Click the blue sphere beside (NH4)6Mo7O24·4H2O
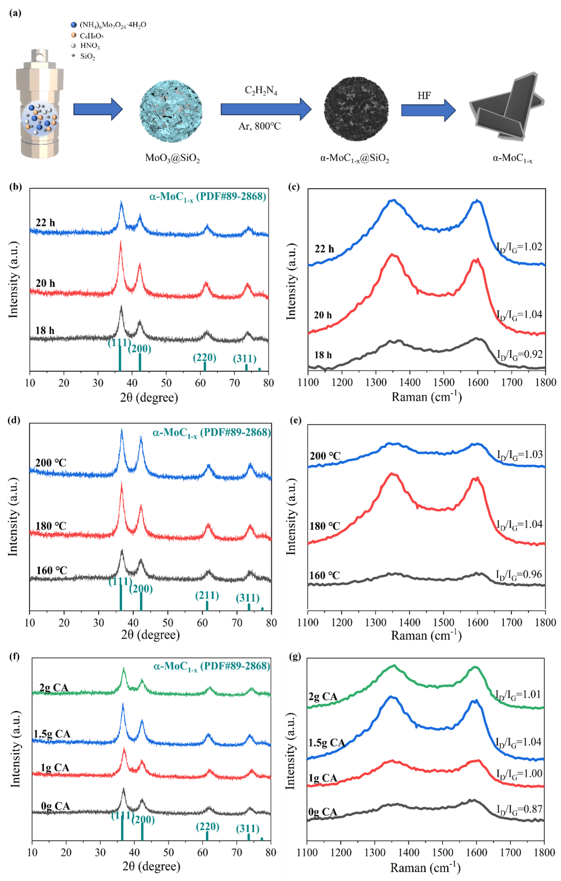[74, 25]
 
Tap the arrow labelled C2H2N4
[265, 109]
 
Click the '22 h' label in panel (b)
[45, 223]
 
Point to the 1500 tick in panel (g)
[442, 852]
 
